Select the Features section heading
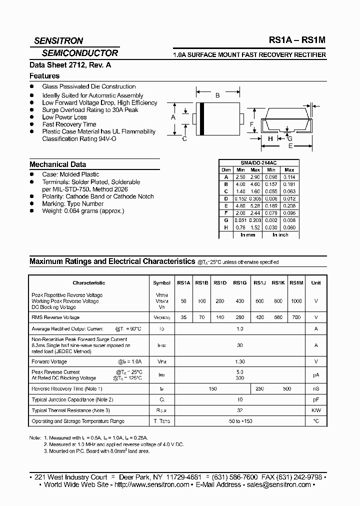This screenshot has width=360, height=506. coord(44,76)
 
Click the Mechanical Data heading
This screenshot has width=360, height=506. coord(57,164)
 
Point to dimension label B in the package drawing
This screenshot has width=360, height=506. coord(217,95)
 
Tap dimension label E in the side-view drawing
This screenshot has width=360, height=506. coord(290,145)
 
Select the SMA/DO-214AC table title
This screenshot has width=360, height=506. coord(259,163)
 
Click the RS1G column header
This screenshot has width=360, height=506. coord(239,283)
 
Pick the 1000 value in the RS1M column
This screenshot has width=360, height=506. coord(296,301)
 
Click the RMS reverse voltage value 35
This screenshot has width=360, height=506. coord(183,317)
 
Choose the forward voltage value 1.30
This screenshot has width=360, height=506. coord(239,361)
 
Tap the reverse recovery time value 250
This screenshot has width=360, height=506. coord(260,388)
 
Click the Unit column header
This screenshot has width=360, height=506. coord(316,283)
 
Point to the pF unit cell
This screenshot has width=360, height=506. coord(316,399)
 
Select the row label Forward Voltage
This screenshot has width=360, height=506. coord(49,361)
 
